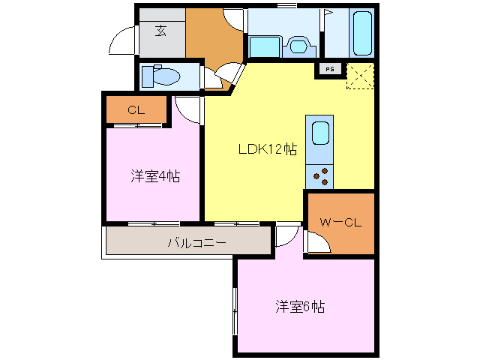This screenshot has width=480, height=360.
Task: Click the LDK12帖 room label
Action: point(267,149)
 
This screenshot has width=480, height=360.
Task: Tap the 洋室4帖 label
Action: point(155,177)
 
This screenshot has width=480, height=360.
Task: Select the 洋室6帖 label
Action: point(299,307)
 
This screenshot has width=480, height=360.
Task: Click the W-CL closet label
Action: point(341,222)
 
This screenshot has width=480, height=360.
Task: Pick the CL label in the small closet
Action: point(135,110)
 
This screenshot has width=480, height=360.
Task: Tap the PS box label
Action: point(331,69)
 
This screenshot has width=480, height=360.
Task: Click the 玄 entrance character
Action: point(160,31)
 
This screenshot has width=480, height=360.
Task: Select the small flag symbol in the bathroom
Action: point(327,13)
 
